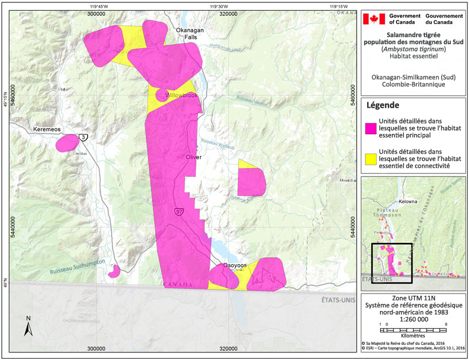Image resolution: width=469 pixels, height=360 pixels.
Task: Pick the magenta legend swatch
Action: point(371,127)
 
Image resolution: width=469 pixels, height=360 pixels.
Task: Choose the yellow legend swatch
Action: point(371,158)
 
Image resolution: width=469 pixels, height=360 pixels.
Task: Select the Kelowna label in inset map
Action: point(407,201)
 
